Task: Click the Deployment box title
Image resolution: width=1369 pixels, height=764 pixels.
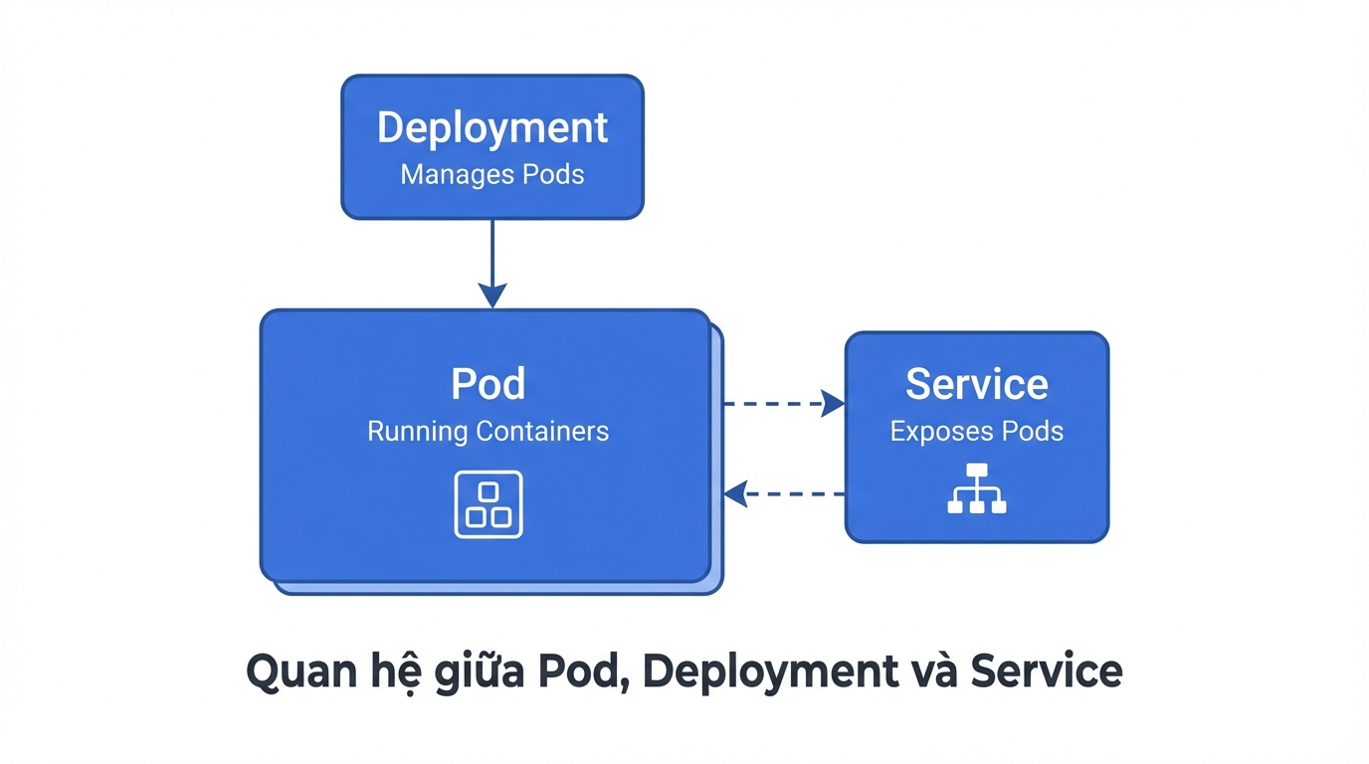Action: click(x=492, y=128)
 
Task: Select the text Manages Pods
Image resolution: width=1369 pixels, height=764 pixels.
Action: click(x=492, y=175)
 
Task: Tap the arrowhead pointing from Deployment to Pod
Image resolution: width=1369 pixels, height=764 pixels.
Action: click(x=492, y=295)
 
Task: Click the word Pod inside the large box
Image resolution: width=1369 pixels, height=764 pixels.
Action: click(x=488, y=384)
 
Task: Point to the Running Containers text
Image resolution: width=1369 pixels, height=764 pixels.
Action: click(x=488, y=432)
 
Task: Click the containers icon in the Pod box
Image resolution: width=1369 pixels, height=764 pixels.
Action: click(x=488, y=504)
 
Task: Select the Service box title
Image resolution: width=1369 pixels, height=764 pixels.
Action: click(x=976, y=384)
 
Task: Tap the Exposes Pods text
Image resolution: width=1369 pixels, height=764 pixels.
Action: click(x=976, y=432)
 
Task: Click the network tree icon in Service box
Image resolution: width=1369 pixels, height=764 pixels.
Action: click(x=976, y=488)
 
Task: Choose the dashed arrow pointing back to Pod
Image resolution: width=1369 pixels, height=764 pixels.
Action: click(x=786, y=493)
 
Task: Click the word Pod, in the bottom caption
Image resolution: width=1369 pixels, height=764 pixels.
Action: click(x=583, y=672)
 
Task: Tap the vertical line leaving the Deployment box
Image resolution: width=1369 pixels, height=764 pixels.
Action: click(x=492, y=249)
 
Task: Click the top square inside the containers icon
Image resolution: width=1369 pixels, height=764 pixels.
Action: click(x=488, y=492)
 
